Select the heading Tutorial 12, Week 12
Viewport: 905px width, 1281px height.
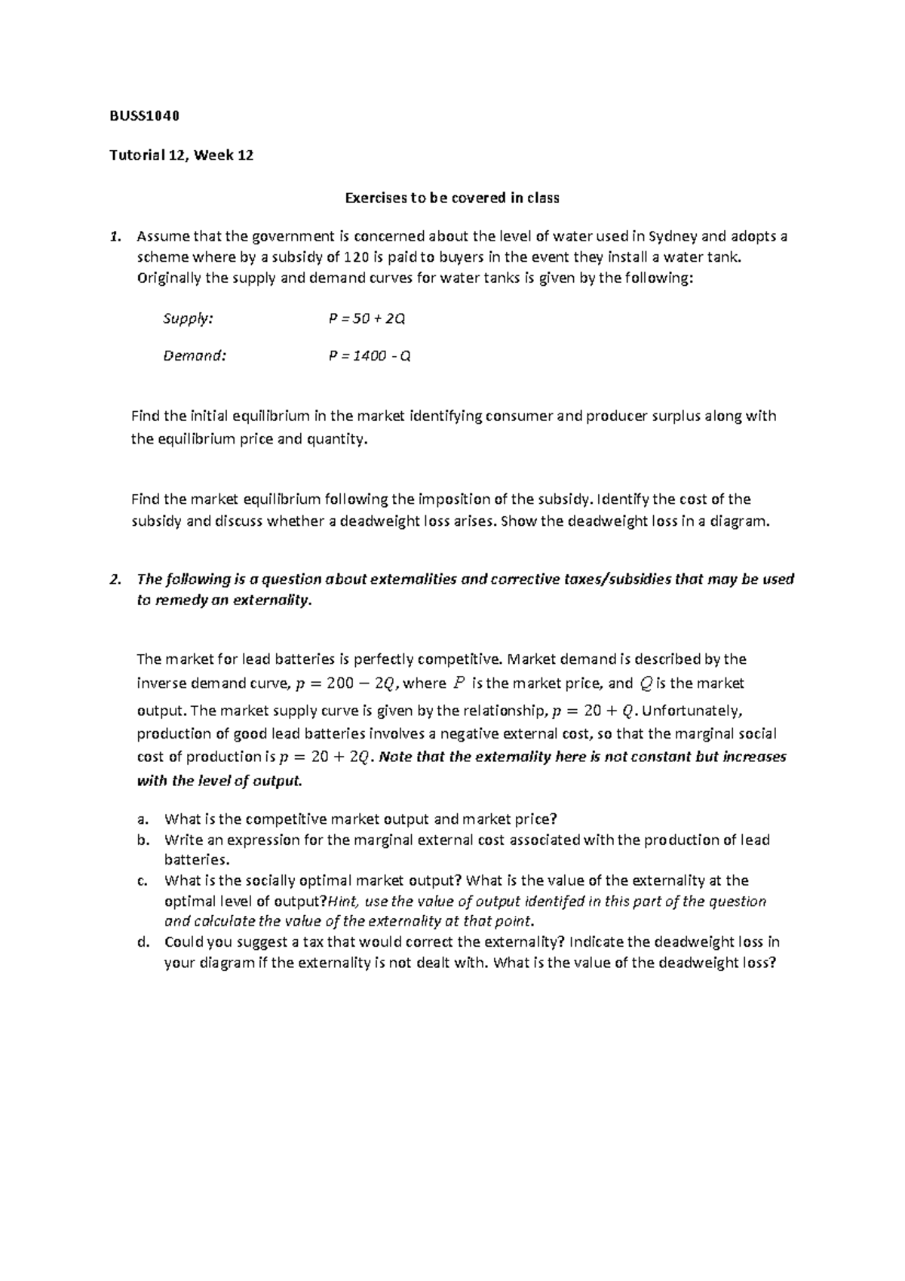click(x=182, y=156)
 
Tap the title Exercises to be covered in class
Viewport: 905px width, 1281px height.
click(x=452, y=198)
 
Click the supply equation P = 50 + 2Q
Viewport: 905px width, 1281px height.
click(x=367, y=318)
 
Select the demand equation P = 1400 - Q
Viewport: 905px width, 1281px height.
click(x=370, y=355)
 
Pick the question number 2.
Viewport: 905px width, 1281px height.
click(x=115, y=579)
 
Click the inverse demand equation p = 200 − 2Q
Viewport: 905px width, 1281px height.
click(x=345, y=684)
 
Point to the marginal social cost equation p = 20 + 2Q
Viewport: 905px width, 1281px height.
click(x=327, y=757)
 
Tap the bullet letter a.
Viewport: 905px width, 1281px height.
click(x=141, y=819)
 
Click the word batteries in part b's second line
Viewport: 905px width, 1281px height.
click(x=195, y=860)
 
